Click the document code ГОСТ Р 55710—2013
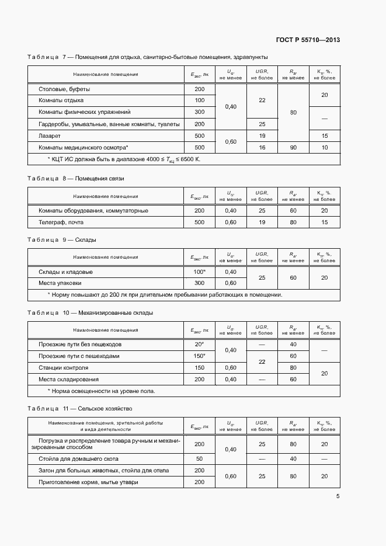(x=308, y=40)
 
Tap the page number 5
(x=338, y=496)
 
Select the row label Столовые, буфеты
(x=64, y=89)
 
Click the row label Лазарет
(x=51, y=135)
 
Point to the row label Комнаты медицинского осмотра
(x=83, y=147)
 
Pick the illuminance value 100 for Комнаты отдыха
(x=199, y=100)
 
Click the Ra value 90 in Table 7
(x=294, y=147)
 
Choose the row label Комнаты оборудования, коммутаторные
(x=93, y=210)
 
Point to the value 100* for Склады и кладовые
(x=200, y=272)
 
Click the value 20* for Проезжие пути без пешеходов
(x=200, y=345)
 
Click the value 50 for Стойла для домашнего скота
(x=200, y=458)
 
